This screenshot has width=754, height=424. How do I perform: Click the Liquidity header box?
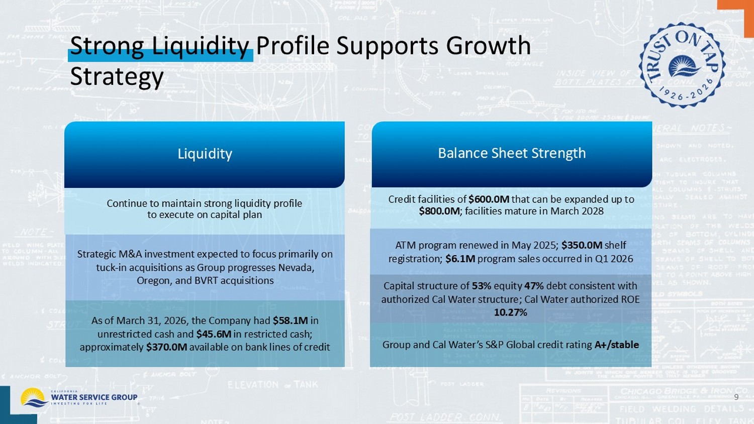tap(205, 154)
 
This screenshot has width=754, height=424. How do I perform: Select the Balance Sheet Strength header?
tap(512, 153)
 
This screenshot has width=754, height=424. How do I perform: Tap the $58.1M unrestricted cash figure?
tap(290, 321)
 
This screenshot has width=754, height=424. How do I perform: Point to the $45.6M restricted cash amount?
tap(214, 334)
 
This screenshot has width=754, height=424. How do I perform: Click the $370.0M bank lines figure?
tap(166, 347)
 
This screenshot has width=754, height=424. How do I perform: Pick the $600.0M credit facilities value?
tap(489, 199)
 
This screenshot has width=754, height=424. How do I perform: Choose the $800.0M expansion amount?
tap(439, 211)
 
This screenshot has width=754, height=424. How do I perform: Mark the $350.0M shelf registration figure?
tap(582, 245)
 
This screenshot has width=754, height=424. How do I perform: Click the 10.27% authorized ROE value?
tap(510, 312)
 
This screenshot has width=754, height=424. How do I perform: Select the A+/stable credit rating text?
tap(616, 345)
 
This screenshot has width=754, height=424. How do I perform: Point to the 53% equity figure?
tap(481, 286)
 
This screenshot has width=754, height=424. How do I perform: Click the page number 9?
tap(736, 397)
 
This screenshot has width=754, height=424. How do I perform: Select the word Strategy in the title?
tap(117, 77)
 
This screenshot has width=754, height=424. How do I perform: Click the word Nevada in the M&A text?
tap(297, 267)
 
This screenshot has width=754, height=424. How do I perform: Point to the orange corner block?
tap(735, 4)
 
